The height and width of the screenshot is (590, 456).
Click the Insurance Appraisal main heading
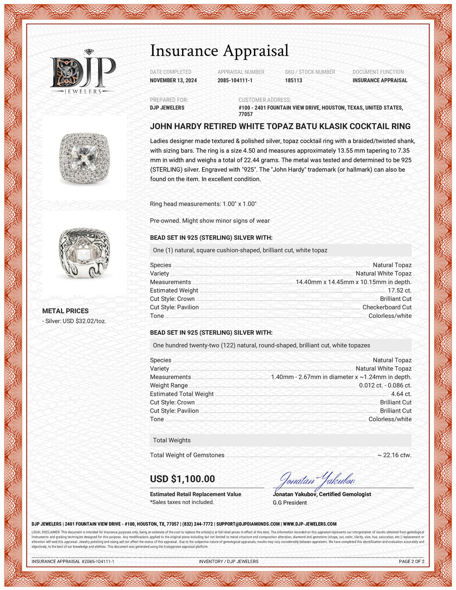coord(219,51)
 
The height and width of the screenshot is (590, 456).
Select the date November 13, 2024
coord(173,80)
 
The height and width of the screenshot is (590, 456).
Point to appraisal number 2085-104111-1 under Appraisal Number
coord(235,80)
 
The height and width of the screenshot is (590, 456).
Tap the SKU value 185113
coord(294,80)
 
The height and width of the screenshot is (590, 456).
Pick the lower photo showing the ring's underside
coord(84,253)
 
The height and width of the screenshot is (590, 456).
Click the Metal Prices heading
coord(65,311)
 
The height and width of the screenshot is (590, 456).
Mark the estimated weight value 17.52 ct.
coord(399,290)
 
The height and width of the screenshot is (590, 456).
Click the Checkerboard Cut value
coord(387,307)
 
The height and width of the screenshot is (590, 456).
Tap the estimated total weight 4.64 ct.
coord(401,394)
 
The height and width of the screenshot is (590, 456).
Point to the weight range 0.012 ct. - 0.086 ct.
coord(385,385)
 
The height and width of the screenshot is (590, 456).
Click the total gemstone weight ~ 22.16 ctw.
coord(394,455)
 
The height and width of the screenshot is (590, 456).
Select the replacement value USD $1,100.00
coord(182,479)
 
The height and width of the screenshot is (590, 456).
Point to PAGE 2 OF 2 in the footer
coord(411,561)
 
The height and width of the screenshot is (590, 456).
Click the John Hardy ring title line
coord(280,126)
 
